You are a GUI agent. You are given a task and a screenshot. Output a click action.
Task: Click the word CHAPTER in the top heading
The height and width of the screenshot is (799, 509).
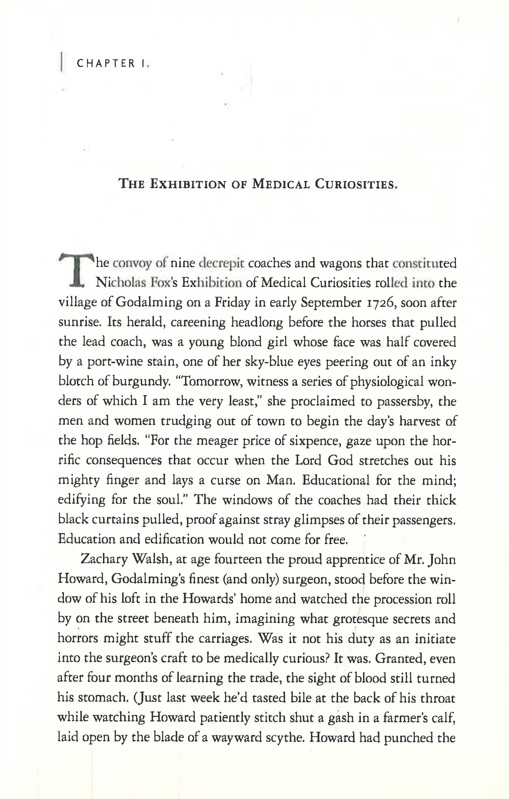106,64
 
